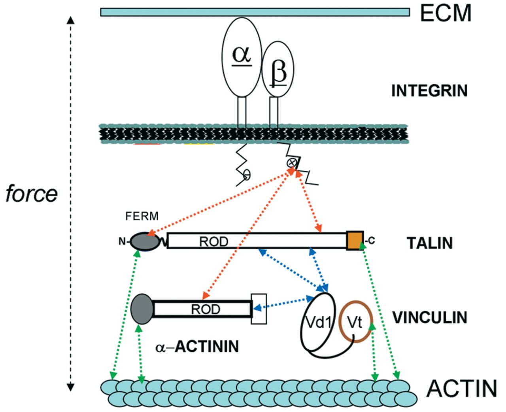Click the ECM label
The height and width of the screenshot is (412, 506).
click(446, 13)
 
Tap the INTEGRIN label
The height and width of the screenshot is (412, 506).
click(429, 91)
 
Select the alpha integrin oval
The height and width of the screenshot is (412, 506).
click(242, 57)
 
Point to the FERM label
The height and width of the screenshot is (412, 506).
click(142, 216)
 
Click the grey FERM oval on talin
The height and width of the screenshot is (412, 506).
click(145, 241)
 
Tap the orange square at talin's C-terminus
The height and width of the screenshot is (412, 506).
click(355, 241)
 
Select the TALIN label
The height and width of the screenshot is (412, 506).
click(430, 243)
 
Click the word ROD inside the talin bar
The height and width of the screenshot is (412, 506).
click(213, 242)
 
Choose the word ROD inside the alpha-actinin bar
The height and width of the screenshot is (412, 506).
click(206, 309)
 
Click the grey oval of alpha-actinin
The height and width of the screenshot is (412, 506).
click(142, 309)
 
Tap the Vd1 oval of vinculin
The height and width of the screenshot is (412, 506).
click(319, 322)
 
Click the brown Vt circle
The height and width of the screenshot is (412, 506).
click(355, 322)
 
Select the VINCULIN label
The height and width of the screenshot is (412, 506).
click(430, 317)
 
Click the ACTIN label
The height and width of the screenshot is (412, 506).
click(461, 388)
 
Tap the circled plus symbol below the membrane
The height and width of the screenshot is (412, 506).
click(292, 162)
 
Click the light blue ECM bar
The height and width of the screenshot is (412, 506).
click(255, 12)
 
